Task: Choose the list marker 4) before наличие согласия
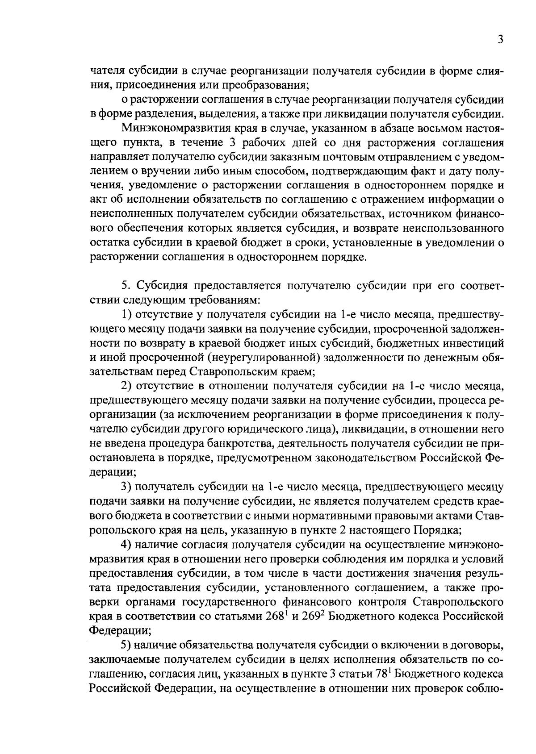point(127,545)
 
